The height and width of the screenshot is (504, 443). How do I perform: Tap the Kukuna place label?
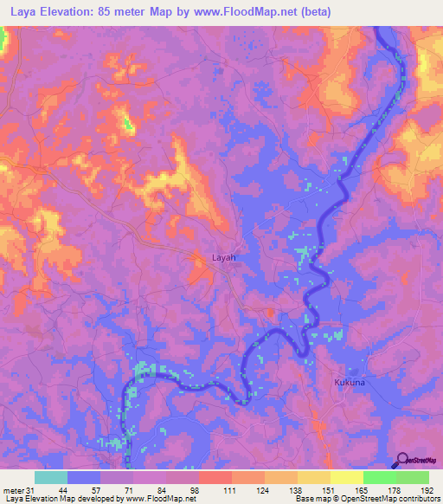(x=350, y=382)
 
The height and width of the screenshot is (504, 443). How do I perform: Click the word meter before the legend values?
(x=14, y=489)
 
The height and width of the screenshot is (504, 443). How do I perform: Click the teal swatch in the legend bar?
(x=51, y=477)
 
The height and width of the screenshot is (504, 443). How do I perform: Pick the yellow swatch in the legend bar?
(x=346, y=477)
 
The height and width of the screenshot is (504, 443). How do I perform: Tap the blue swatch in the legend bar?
(x=84, y=477)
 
